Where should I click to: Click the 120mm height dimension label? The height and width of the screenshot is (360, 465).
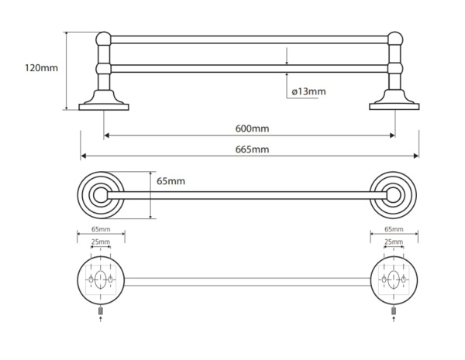(x=41, y=68)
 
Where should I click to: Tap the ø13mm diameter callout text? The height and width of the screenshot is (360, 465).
(x=308, y=91)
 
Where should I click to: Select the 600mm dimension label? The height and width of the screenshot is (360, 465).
(x=252, y=129)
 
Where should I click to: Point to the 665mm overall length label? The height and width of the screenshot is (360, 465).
(x=252, y=149)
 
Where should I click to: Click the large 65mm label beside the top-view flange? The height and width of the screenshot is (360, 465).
(x=170, y=181)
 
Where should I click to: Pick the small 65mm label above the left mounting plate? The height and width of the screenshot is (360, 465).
(x=101, y=230)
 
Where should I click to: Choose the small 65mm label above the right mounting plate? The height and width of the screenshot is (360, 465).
(x=394, y=230)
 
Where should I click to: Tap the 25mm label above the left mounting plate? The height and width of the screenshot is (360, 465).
(x=101, y=242)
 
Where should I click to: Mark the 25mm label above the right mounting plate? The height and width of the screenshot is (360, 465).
(x=394, y=242)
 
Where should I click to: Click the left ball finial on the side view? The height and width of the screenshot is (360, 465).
(x=103, y=39)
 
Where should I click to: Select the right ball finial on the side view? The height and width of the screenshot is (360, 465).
(x=394, y=39)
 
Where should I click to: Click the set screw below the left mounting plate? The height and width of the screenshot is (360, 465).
(x=101, y=311)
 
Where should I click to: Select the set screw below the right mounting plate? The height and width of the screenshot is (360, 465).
(x=394, y=311)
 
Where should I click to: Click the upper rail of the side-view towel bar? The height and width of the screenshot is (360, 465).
(x=248, y=39)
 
